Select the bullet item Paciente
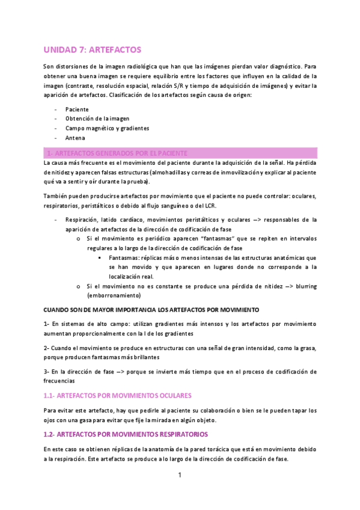coord(77,109)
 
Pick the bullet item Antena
coord(75,138)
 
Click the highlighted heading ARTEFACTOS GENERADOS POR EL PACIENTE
coord(120,153)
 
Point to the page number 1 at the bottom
coord(180,476)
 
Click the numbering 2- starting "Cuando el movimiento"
coord(47,348)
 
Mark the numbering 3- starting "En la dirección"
coord(47,372)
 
